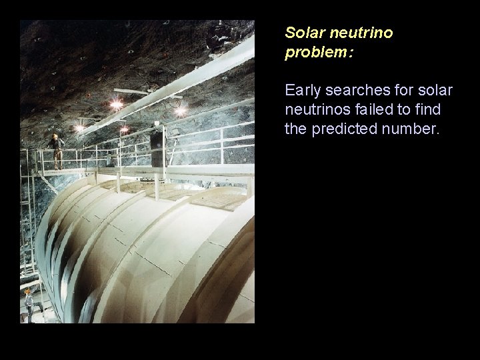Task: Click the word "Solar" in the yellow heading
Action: pyautogui.click(x=301, y=32)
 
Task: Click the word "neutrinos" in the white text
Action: pyautogui.click(x=315, y=109)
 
